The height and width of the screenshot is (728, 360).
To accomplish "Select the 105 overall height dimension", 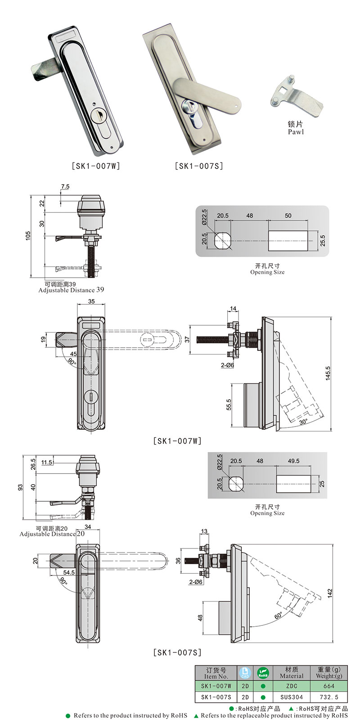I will click(x=27, y=235).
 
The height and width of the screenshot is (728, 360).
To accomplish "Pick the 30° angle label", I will click(x=303, y=422).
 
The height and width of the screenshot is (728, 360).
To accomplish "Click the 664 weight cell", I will click(x=328, y=686).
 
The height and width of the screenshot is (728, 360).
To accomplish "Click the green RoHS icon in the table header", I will click(x=263, y=673).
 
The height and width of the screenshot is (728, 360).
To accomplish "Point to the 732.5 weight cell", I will click(x=328, y=697).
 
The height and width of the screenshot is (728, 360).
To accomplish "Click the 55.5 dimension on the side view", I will click(x=229, y=404).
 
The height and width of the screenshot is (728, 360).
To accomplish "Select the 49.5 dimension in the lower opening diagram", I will click(x=293, y=461).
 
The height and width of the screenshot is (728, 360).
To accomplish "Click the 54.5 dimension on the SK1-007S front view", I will click(x=68, y=572).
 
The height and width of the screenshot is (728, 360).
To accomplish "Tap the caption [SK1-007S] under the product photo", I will click(x=199, y=166).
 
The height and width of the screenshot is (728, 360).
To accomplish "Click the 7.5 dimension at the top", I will click(x=65, y=186).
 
